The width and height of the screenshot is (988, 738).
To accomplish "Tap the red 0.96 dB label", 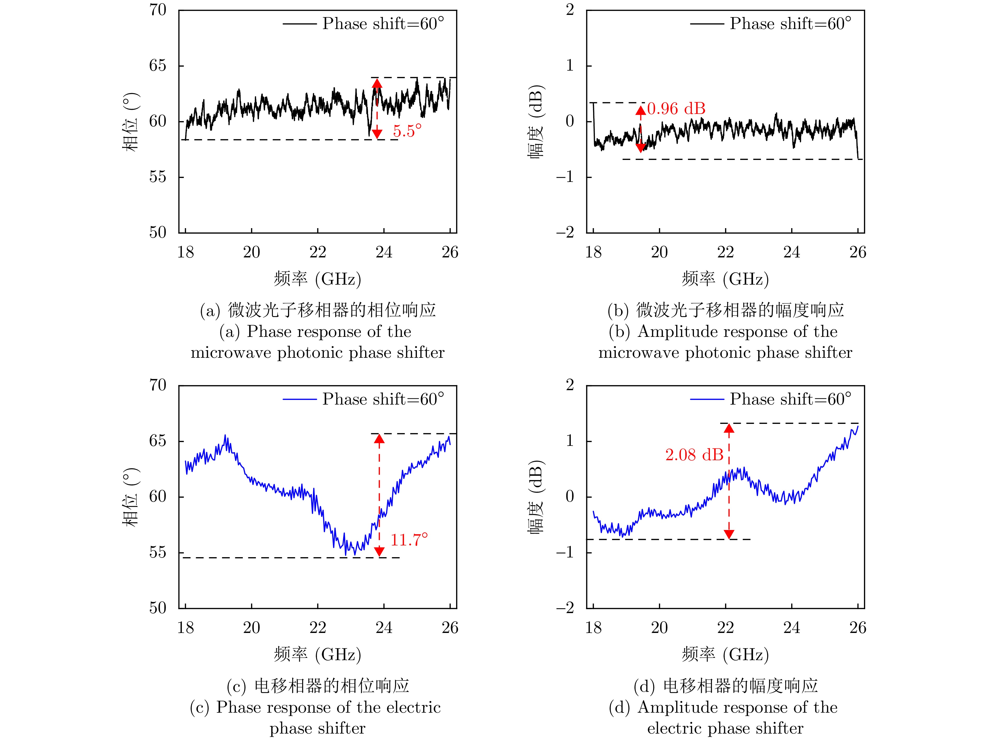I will click(676, 108).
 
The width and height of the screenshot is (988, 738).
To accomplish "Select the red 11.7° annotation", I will click(409, 540).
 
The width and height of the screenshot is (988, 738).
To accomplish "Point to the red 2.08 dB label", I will click(694, 455).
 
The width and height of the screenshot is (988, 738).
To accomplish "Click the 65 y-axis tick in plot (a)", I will click(158, 66).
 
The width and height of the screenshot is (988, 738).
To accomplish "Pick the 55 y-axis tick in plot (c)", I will click(158, 552).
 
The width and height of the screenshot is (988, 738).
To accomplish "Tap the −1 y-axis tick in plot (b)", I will click(565, 177).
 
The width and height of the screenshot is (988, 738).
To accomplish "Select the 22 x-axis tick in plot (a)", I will click(318, 252).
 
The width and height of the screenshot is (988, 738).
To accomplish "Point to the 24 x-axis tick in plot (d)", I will click(791, 628).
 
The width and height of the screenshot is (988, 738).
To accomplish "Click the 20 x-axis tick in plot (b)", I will click(659, 252).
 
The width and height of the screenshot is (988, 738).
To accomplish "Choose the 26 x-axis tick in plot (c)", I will click(450, 628).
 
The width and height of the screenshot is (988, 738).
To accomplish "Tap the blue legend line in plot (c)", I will click(299, 399).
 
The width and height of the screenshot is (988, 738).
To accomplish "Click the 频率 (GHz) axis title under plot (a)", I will click(318, 279).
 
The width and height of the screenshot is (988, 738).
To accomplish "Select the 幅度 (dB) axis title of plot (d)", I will click(536, 497).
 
